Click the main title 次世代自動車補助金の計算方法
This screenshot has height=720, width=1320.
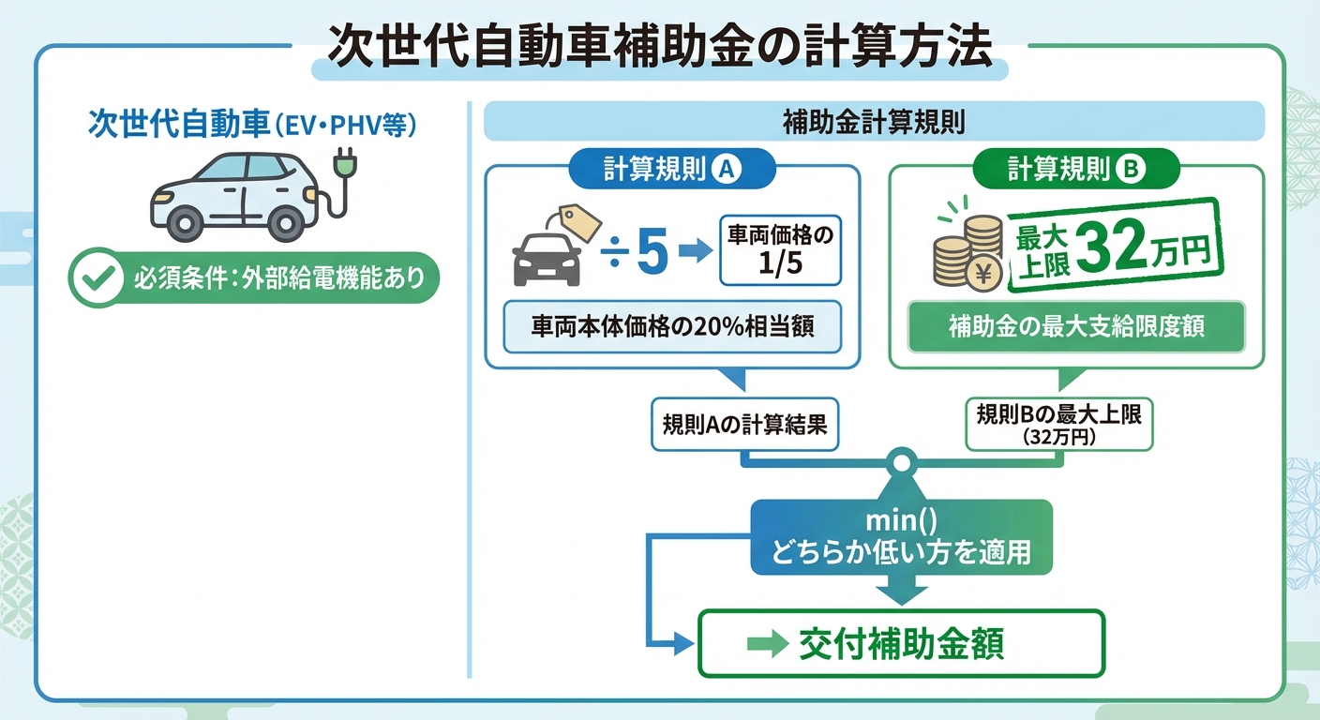coord(659,47)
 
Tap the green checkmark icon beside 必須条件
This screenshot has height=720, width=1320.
coord(97,277)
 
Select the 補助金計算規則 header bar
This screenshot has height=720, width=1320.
coord(874,122)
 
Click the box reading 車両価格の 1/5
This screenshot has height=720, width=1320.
coord(780,252)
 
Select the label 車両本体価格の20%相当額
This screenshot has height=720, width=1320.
coord(671,327)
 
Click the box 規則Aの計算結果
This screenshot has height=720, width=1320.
coord(745,424)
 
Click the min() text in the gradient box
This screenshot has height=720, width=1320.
coord(901,522)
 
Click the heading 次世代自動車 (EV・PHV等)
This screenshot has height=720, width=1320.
coord(251,124)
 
